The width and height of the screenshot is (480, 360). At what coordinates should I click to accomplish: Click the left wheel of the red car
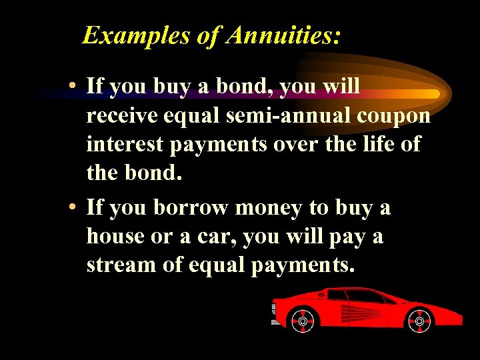[303, 321]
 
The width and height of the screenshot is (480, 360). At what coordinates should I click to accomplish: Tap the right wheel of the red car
[419, 321]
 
